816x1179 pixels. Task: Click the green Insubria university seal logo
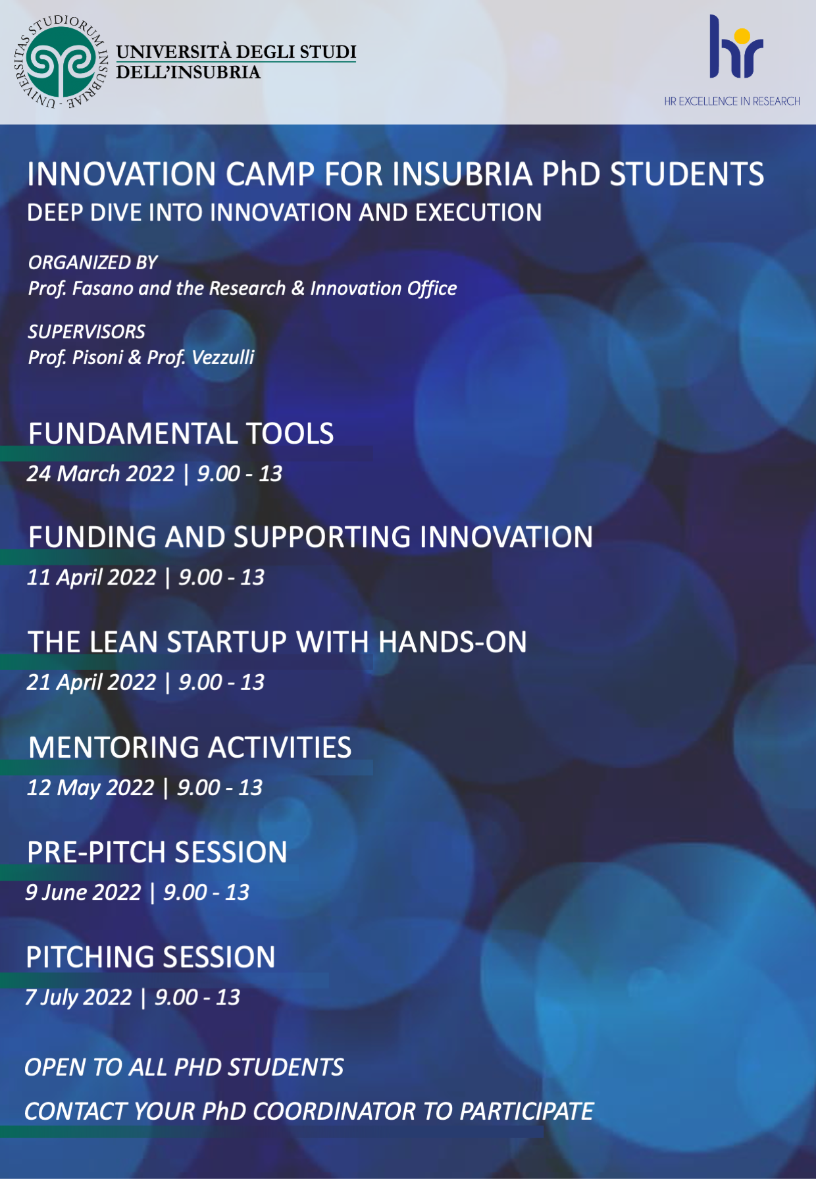click(x=60, y=62)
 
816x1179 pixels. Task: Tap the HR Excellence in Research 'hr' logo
click(x=736, y=47)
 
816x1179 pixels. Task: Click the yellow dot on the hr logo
click(x=742, y=36)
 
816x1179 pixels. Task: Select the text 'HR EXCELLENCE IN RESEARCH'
click(x=732, y=101)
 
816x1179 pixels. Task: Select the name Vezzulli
click(x=223, y=357)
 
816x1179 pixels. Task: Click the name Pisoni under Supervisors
click(x=97, y=357)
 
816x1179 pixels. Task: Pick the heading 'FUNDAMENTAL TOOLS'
click(x=181, y=434)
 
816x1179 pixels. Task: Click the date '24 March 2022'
click(x=101, y=474)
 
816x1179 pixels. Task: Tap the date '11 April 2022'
click(x=91, y=577)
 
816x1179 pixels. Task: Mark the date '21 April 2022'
click(x=91, y=682)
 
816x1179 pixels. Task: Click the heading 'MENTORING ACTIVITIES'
click(x=190, y=748)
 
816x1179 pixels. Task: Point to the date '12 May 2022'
click(x=90, y=788)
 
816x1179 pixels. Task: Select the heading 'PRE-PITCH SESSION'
click(x=157, y=852)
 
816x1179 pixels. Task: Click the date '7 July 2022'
click(x=78, y=998)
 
